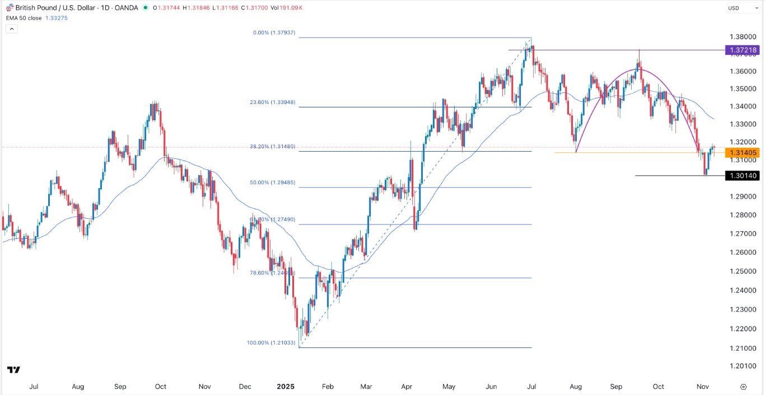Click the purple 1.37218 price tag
tap(743, 50)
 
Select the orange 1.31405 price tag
tap(743, 153)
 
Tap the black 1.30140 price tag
tap(743, 176)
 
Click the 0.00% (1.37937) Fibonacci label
tap(274, 33)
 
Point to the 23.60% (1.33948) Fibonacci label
tap(273, 103)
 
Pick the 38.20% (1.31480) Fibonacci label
tap(273, 147)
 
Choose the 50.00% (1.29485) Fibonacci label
tap(273, 183)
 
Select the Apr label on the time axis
tap(407, 387)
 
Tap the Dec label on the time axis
tap(244, 387)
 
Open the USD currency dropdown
tap(736, 8)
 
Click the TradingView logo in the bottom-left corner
tap(14, 370)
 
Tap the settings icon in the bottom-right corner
tap(743, 387)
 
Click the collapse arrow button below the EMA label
tap(12, 28)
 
